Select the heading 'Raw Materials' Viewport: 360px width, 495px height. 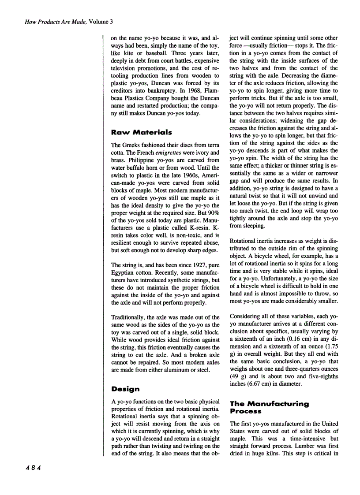141,132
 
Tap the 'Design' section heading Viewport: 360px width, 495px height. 125,389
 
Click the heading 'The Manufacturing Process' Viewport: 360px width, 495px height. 269,407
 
